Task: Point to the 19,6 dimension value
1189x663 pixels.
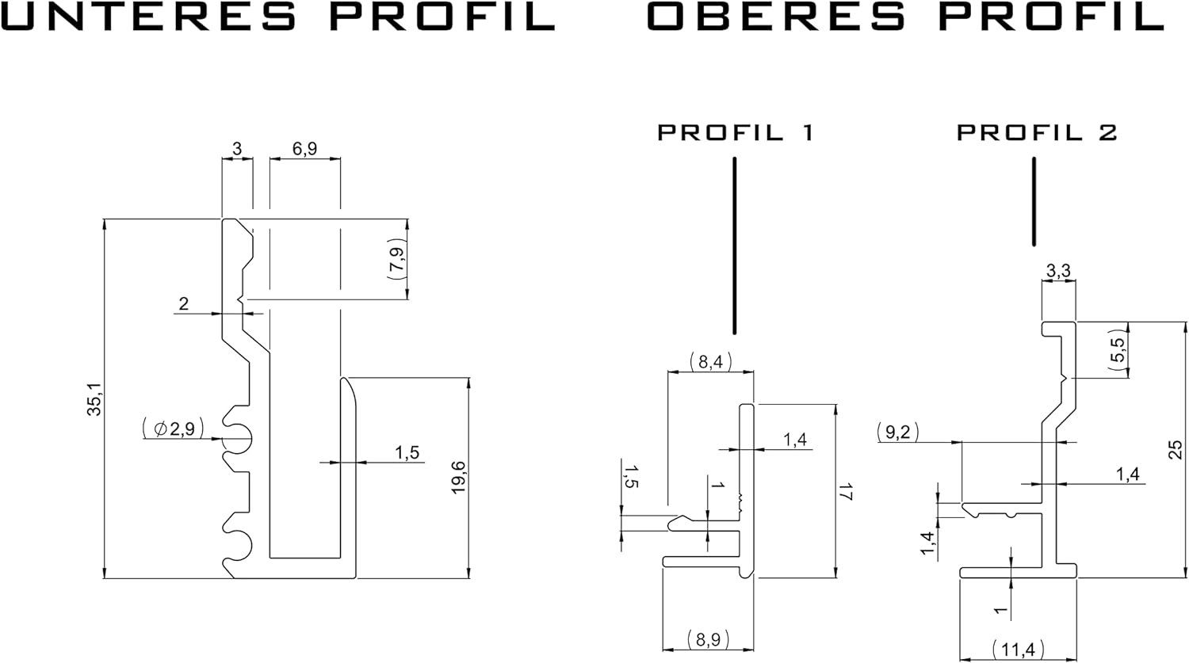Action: tap(458, 478)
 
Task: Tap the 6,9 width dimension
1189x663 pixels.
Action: tap(304, 149)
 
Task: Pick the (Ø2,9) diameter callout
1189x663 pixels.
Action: tap(173, 429)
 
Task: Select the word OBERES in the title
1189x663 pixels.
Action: tap(776, 15)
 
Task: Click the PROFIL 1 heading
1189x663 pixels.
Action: tap(736, 132)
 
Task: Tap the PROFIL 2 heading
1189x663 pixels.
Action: tap(1037, 132)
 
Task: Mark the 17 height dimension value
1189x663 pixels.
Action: tap(846, 492)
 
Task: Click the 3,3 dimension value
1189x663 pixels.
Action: tap(1058, 272)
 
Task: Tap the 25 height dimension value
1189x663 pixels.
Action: tap(1176, 450)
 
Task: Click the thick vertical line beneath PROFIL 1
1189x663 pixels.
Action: tap(735, 246)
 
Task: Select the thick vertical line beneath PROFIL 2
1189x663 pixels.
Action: tap(1034, 201)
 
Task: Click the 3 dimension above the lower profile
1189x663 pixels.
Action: tap(237, 149)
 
